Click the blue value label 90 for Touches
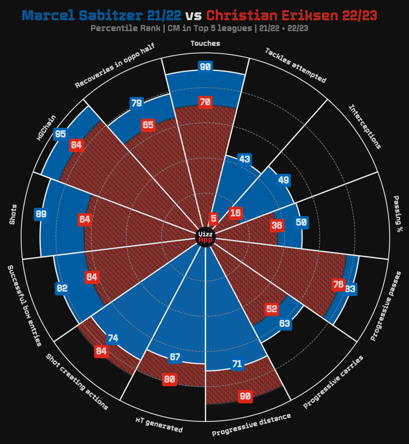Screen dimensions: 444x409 (x=206, y=67)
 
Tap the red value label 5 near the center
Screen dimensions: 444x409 (x=214, y=218)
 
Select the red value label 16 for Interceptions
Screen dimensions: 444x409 (x=236, y=213)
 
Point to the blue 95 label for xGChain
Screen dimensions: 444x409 (x=61, y=134)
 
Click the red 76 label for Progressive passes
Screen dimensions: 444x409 (x=338, y=284)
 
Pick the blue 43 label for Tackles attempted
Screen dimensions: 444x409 (x=245, y=159)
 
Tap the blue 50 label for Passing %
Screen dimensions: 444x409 (x=302, y=222)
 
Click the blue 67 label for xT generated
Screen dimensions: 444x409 (x=175, y=357)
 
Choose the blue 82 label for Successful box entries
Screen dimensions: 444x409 (x=62, y=288)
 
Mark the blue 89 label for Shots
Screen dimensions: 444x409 (x=41, y=214)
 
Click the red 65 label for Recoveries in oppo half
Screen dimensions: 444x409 (x=148, y=124)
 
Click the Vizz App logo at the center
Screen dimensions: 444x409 (x=206, y=237)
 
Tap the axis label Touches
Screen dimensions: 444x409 (x=206, y=43)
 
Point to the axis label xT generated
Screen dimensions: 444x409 (x=159, y=424)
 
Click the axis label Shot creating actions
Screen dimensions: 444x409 (x=77, y=382)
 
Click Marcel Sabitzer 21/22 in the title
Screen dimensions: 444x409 (x=103, y=15)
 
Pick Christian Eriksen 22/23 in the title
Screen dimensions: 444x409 (x=291, y=15)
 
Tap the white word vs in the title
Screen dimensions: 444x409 (x=194, y=16)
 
